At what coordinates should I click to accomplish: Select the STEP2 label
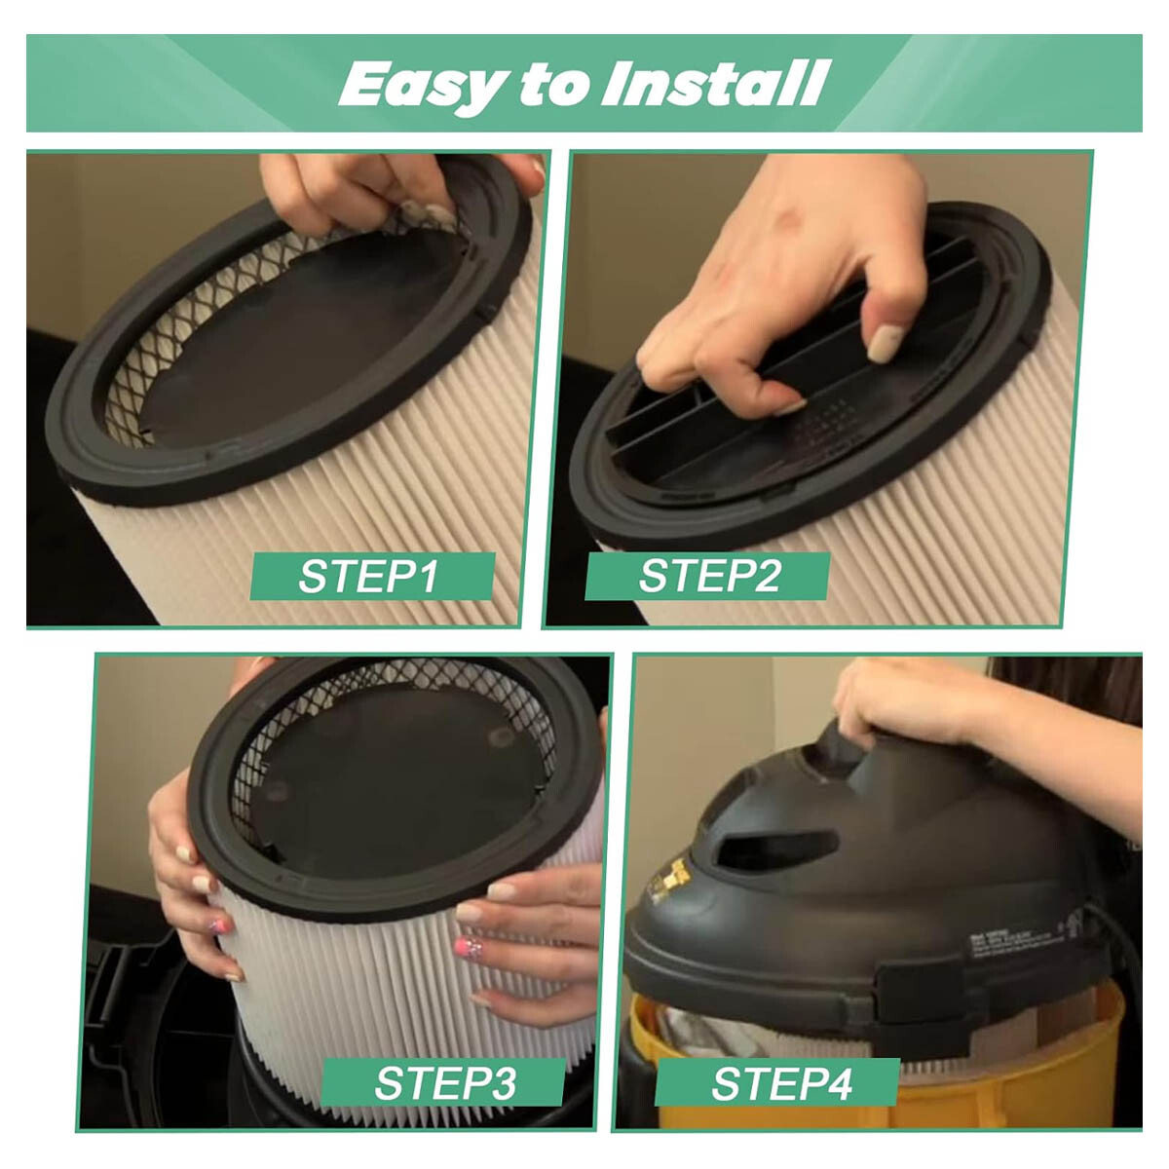pos(709,577)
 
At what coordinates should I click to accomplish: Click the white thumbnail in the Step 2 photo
pos(886,343)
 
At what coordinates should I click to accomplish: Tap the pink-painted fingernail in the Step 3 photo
pos(218,926)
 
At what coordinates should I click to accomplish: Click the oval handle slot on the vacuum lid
pos(788,848)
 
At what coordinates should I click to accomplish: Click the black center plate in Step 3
pos(399,770)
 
